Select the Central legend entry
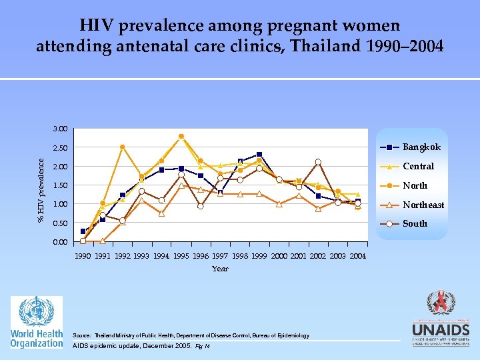click(x=418, y=166)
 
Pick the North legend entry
click(x=415, y=185)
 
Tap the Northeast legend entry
click(x=423, y=205)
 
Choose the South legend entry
click(x=415, y=223)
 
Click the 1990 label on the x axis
click(x=83, y=256)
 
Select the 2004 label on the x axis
click(x=357, y=256)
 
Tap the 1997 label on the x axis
click(x=220, y=256)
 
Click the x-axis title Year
click(x=220, y=269)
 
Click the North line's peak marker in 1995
click(x=181, y=136)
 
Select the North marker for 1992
click(x=123, y=147)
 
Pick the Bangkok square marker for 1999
click(x=259, y=155)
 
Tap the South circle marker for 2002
click(x=318, y=162)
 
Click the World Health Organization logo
click(x=37, y=322)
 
